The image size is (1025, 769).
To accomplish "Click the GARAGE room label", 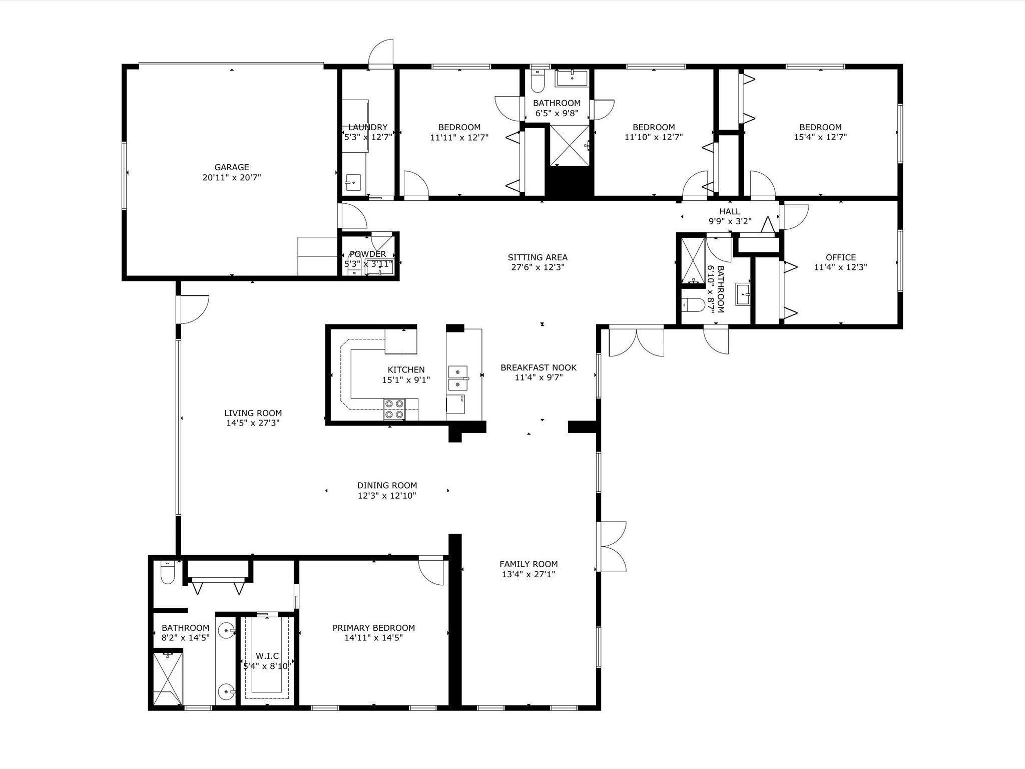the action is (x=232, y=167).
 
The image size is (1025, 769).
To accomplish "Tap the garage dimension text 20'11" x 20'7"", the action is (x=232, y=177).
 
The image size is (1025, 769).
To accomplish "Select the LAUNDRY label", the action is (x=368, y=127).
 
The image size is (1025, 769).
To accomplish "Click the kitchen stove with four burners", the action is (x=394, y=409).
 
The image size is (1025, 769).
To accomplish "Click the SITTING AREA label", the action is (x=538, y=257).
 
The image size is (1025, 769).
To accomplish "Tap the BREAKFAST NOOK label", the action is (x=539, y=367).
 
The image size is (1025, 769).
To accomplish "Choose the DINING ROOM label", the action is (x=387, y=485).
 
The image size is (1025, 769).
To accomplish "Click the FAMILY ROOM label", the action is (x=529, y=564).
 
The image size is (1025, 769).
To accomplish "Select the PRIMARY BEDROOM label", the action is (x=374, y=628).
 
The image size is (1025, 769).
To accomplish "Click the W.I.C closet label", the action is (x=267, y=656).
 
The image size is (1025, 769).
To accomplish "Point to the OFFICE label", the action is (x=841, y=257).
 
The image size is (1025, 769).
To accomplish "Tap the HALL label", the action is (x=730, y=211).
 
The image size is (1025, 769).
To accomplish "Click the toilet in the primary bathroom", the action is (x=167, y=573).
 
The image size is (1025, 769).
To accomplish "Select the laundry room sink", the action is (x=353, y=182).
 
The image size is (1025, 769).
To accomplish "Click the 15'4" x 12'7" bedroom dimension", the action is (x=820, y=137).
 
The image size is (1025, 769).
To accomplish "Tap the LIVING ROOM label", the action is (x=253, y=413).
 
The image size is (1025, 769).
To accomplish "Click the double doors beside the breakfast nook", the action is (x=636, y=341).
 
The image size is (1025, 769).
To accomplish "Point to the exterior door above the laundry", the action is (x=381, y=53).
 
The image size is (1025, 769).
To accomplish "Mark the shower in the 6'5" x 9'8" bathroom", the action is (x=570, y=145).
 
